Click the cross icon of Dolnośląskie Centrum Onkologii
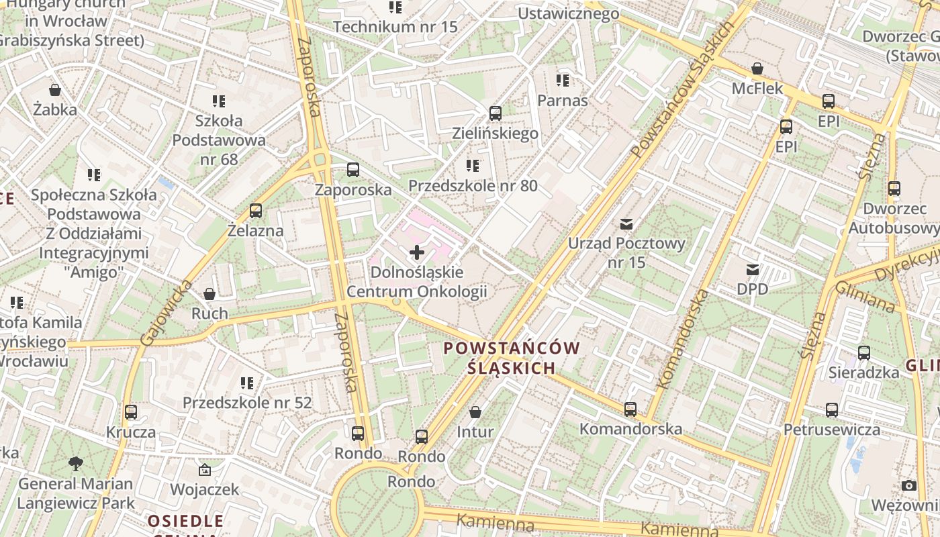click(417, 253)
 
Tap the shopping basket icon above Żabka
click(55, 89)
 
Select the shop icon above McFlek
click(757, 68)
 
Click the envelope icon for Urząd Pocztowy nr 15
click(626, 224)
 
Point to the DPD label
click(752, 289)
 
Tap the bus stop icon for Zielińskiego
click(496, 113)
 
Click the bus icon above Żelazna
click(256, 211)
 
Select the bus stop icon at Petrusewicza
click(832, 409)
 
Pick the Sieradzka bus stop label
click(864, 372)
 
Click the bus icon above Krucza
click(131, 412)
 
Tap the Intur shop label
click(475, 432)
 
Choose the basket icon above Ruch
click(209, 294)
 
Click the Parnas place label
click(563, 101)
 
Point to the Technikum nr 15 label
click(395, 27)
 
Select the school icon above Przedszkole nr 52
click(247, 383)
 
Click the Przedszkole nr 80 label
click(473, 185)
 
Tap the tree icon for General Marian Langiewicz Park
click(76, 463)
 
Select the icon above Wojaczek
click(205, 470)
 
